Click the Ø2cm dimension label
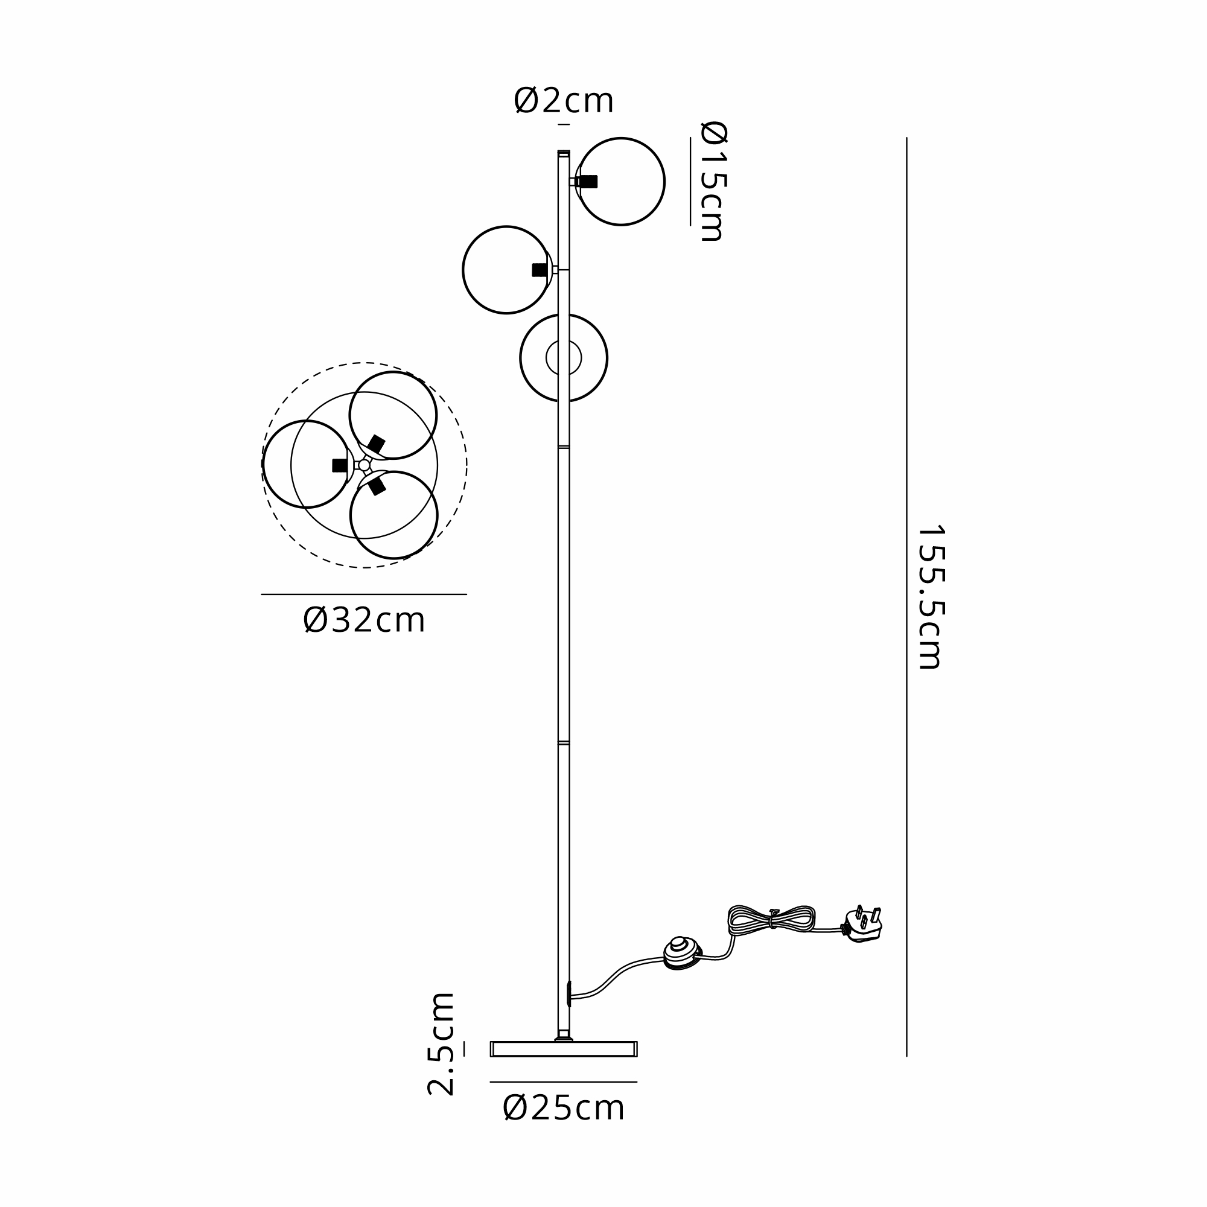[564, 101]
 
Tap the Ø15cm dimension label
[713, 181]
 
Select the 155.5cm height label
[930, 597]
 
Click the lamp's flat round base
[564, 1049]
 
